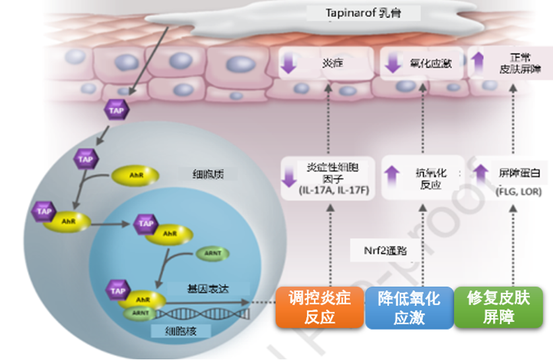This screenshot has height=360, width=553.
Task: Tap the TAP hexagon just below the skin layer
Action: point(116,111)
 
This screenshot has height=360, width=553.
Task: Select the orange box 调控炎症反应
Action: point(320,307)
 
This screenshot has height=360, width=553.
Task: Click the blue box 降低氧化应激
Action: point(408,307)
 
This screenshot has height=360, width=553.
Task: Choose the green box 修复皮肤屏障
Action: point(498,307)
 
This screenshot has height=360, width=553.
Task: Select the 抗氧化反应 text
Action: point(433,179)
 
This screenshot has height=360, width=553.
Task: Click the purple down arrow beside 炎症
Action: point(289,63)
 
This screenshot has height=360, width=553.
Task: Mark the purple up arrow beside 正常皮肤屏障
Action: point(478,63)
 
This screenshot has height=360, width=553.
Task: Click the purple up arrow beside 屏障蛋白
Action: point(482,173)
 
